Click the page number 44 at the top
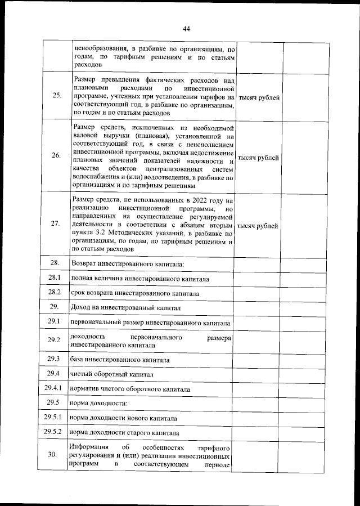[186, 29]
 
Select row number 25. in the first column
[56, 95]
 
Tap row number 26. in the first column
[56, 156]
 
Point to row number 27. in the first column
[56, 223]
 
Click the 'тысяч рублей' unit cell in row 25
[259, 97]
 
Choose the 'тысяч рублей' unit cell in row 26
[259, 158]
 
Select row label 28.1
[55, 277]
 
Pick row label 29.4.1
[55, 388]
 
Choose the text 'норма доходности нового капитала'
[124, 419]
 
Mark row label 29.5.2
[55, 432]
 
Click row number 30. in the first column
[56, 456]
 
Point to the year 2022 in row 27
[187, 200]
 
